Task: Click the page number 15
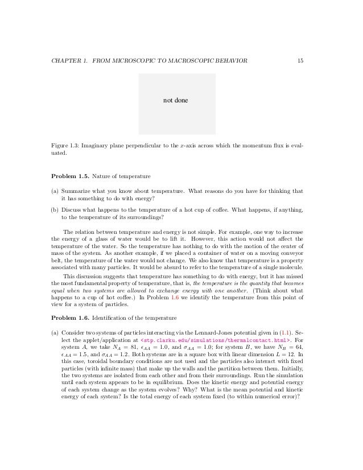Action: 299,61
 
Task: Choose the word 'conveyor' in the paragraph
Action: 291,255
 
